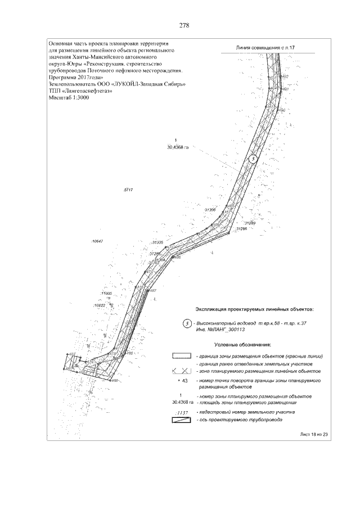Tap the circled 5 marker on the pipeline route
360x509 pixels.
[x=253, y=159]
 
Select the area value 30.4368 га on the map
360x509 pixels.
[x=176, y=147]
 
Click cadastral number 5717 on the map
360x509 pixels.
[x=127, y=191]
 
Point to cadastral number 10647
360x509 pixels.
[x=97, y=241]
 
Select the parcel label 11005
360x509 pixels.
[x=106, y=294]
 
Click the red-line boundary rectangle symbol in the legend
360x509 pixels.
[x=182, y=357]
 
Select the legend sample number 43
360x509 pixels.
[x=181, y=381]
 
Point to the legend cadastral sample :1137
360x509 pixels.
[x=182, y=412]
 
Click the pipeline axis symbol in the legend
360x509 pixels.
[x=182, y=420]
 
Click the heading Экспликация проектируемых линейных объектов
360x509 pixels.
[x=254, y=309]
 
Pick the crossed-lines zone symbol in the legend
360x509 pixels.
[x=182, y=372]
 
